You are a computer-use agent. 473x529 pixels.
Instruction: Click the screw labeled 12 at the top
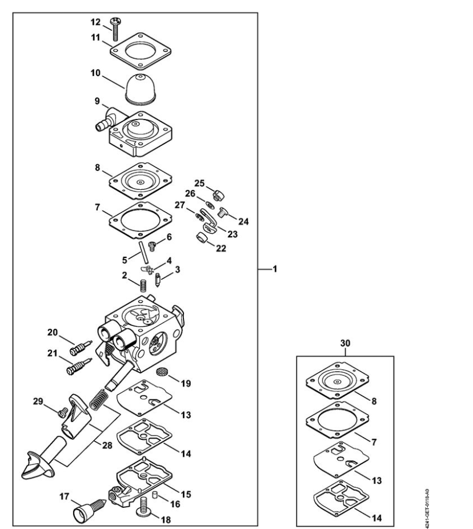(115, 29)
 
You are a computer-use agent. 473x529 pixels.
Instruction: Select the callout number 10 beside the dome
(95, 73)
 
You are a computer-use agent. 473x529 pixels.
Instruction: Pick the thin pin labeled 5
(144, 252)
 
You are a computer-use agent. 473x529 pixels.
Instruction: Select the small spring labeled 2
(143, 286)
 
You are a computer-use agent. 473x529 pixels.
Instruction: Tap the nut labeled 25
(218, 194)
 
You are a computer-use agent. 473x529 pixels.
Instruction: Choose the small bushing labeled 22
(202, 237)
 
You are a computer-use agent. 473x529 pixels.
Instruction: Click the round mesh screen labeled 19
(162, 372)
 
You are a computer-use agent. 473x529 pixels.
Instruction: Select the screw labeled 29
(63, 412)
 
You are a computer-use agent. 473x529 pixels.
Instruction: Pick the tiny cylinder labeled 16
(154, 494)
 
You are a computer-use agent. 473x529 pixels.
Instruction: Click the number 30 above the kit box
(345, 343)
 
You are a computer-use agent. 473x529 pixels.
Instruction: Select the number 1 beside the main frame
(275, 269)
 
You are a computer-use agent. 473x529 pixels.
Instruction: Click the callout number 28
(107, 446)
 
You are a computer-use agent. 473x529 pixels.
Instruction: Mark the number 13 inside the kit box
(377, 480)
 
